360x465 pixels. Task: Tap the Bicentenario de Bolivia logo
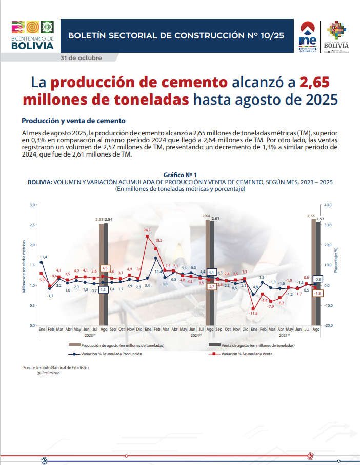33,35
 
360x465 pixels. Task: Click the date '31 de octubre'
82,58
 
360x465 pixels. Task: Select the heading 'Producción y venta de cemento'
73,121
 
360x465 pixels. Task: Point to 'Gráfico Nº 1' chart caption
180,176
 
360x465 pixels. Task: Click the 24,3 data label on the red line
147,230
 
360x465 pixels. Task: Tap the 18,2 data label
158,240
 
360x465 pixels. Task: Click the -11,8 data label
253,313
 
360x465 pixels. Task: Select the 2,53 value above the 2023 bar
100,219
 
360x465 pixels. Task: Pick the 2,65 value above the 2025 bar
311,216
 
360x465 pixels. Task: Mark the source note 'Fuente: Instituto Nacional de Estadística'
56,368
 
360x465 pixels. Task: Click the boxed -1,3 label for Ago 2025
317,293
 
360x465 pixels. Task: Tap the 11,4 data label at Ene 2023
44,257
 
